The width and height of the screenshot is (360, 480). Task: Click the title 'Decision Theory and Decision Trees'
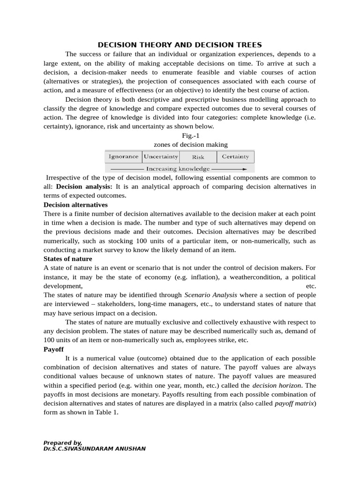(x=180, y=45)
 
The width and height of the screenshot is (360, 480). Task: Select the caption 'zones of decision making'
(x=190, y=144)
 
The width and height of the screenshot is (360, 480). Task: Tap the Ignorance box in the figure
(x=123, y=157)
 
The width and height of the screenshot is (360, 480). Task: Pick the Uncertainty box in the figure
(x=161, y=157)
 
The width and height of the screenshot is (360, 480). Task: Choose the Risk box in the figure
(x=198, y=157)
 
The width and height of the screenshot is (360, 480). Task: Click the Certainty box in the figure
(x=235, y=157)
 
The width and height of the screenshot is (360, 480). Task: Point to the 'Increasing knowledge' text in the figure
(x=178, y=168)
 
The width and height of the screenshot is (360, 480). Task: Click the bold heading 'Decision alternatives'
(x=75, y=205)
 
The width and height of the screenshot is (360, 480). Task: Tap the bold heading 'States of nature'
(x=68, y=259)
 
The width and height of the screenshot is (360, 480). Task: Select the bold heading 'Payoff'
(x=53, y=349)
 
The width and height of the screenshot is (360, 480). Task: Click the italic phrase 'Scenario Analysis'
(x=210, y=295)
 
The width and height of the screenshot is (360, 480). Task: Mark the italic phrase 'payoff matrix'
(x=294, y=403)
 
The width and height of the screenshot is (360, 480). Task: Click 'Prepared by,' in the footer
(x=63, y=442)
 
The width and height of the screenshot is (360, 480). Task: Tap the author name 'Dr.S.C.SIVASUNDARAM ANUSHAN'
(x=94, y=449)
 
